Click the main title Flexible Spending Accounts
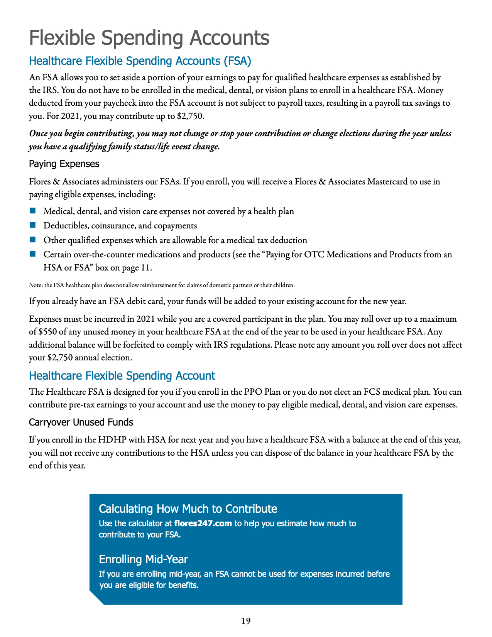(149, 38)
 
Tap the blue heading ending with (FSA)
(140, 61)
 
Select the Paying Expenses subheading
(64, 164)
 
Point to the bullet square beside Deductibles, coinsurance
(32, 225)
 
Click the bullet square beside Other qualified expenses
(32, 240)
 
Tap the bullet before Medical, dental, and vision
(32, 211)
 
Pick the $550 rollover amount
(49, 332)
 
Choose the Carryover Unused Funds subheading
(81, 422)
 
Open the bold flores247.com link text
(203, 524)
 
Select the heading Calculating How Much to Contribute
(188, 509)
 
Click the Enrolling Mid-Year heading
(143, 559)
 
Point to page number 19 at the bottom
(246, 621)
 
